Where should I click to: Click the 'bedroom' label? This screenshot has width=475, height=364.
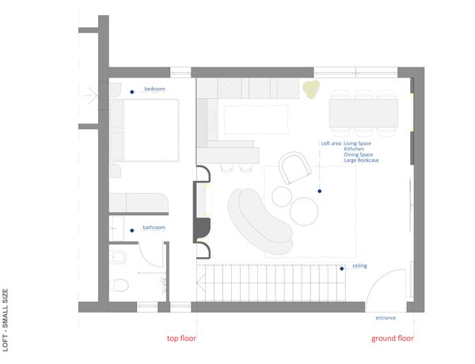tap(155, 89)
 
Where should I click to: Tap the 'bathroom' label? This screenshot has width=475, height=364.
tap(154, 227)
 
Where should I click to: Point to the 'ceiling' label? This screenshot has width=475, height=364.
tap(359, 266)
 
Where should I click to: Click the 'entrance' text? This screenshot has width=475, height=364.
tap(386, 317)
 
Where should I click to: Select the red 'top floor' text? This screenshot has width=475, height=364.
tap(181, 338)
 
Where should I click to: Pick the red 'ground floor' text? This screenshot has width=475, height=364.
tap(393, 338)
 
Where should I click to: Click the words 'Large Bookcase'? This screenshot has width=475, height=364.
tap(361, 160)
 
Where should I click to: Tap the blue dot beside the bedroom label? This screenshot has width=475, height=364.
tap(131, 92)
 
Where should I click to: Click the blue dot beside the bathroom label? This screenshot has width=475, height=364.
tap(131, 230)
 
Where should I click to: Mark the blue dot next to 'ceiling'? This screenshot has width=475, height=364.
tap(342, 268)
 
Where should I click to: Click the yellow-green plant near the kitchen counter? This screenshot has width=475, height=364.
tap(311, 89)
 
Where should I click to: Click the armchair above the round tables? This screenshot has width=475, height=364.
tap(294, 168)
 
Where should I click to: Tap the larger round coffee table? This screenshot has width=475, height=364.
tap(304, 211)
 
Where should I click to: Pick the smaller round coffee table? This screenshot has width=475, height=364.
tap(282, 196)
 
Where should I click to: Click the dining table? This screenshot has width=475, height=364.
tap(363, 113)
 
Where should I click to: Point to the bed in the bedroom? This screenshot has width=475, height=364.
tap(145, 130)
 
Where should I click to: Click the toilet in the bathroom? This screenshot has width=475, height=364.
tap(119, 285)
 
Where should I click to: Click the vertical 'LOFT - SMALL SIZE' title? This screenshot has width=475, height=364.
tap(6, 320)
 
